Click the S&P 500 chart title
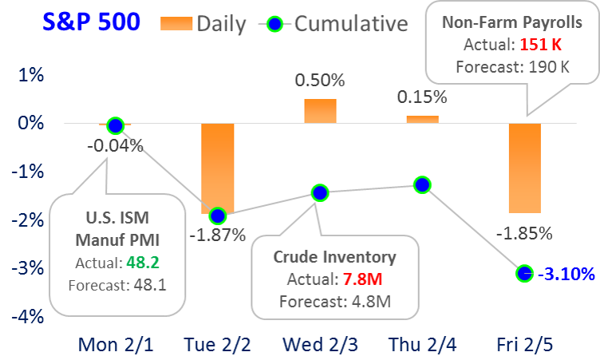(x=91, y=22)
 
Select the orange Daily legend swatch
(x=176, y=23)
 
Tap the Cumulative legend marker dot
(x=274, y=25)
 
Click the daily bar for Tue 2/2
(x=217, y=168)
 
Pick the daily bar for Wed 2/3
(x=320, y=111)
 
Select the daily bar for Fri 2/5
(x=525, y=168)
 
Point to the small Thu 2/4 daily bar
(x=422, y=120)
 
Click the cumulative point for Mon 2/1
(x=115, y=125)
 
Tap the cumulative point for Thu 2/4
(x=422, y=185)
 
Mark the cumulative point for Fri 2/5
(x=524, y=274)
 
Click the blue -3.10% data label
(x=566, y=274)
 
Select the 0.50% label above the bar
(x=320, y=81)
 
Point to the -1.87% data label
(x=217, y=235)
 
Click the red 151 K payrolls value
(x=540, y=45)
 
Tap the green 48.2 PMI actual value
(x=143, y=263)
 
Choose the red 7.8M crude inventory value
(x=362, y=279)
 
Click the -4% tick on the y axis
(x=28, y=317)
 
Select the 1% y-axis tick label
(x=31, y=75)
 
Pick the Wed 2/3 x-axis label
(x=320, y=344)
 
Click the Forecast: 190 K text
(x=512, y=67)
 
